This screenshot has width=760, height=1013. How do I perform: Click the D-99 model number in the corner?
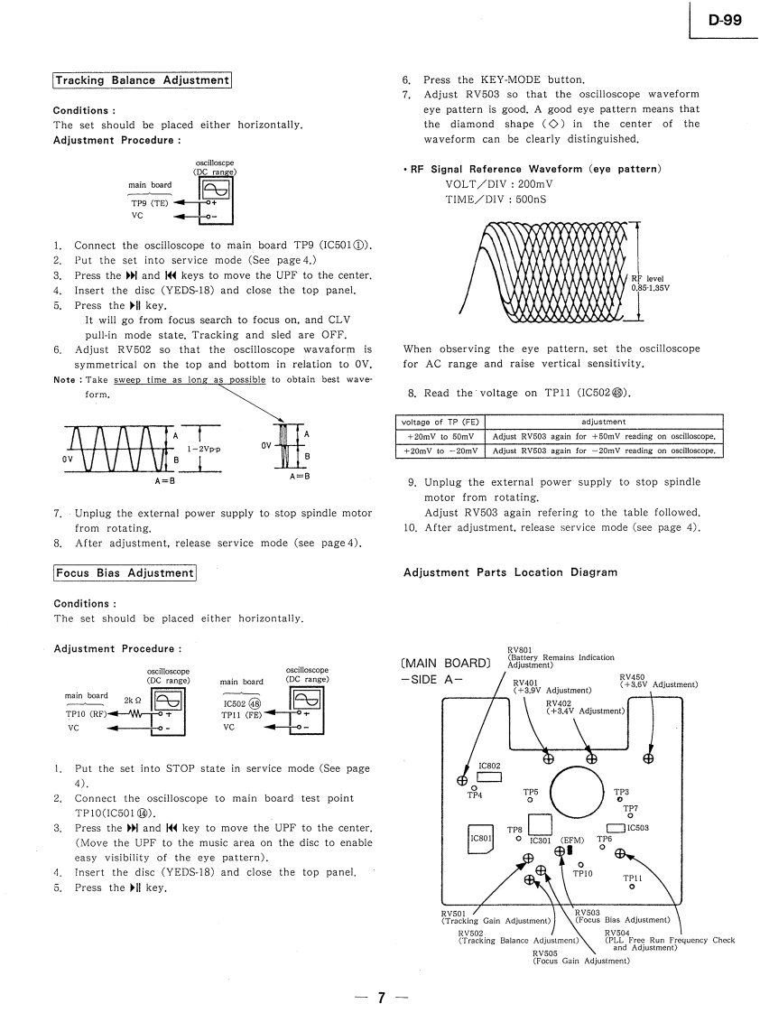coord(725,20)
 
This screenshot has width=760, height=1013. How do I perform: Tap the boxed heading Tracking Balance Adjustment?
coord(142,80)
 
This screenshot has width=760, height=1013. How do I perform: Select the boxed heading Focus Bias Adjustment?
coord(125,572)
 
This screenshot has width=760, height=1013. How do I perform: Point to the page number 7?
coord(381,997)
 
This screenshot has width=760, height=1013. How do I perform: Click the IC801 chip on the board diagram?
coord(479,838)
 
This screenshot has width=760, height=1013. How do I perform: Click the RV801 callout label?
coord(520,649)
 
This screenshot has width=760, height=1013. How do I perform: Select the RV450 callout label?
coord(633,677)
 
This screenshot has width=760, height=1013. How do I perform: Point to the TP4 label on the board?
coord(475,795)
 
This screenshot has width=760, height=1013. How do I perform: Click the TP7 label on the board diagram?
coord(631,808)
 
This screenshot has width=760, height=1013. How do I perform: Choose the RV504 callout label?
coord(617,933)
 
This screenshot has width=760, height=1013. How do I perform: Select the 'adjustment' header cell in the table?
coord(604,421)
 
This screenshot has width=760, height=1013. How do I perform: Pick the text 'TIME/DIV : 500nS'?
coord(496,199)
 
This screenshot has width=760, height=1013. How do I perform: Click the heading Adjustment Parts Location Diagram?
coord(510,572)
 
